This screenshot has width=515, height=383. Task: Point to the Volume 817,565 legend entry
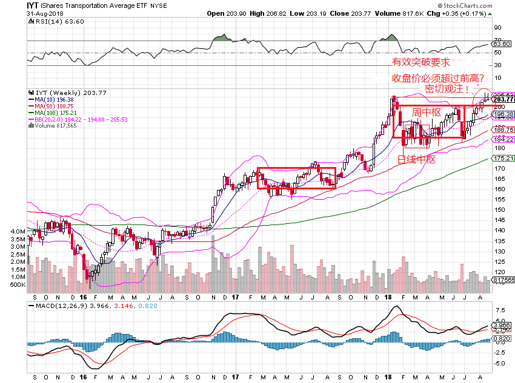click(56, 125)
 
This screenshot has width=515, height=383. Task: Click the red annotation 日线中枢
click(417, 160)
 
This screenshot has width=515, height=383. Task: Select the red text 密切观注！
click(447, 88)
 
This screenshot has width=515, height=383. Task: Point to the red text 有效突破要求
click(420, 62)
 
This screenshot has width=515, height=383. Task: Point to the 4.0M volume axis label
click(16, 232)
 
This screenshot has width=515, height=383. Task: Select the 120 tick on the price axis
click(498, 272)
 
